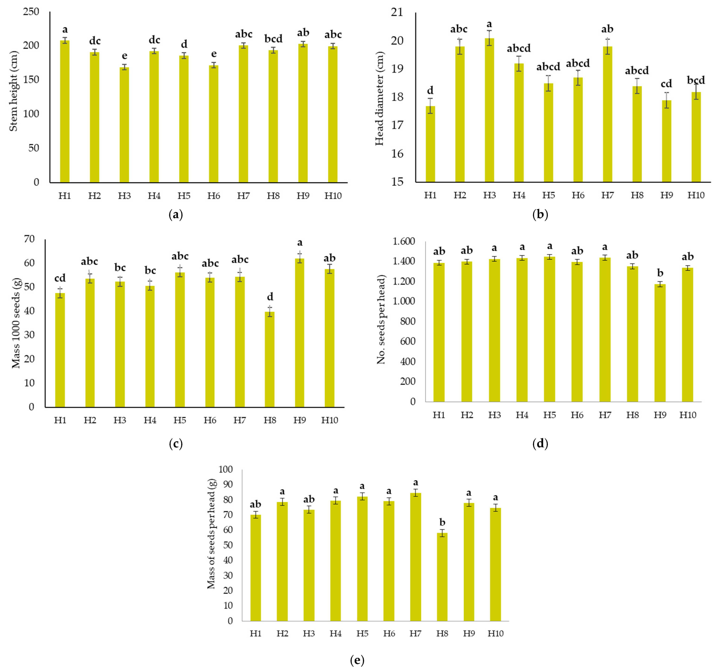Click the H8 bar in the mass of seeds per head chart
[442, 577]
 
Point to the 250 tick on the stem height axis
[31, 12]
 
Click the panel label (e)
[357, 660]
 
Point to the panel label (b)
[540, 215]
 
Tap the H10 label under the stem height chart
[333, 196]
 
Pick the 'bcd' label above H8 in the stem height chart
[273, 39]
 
